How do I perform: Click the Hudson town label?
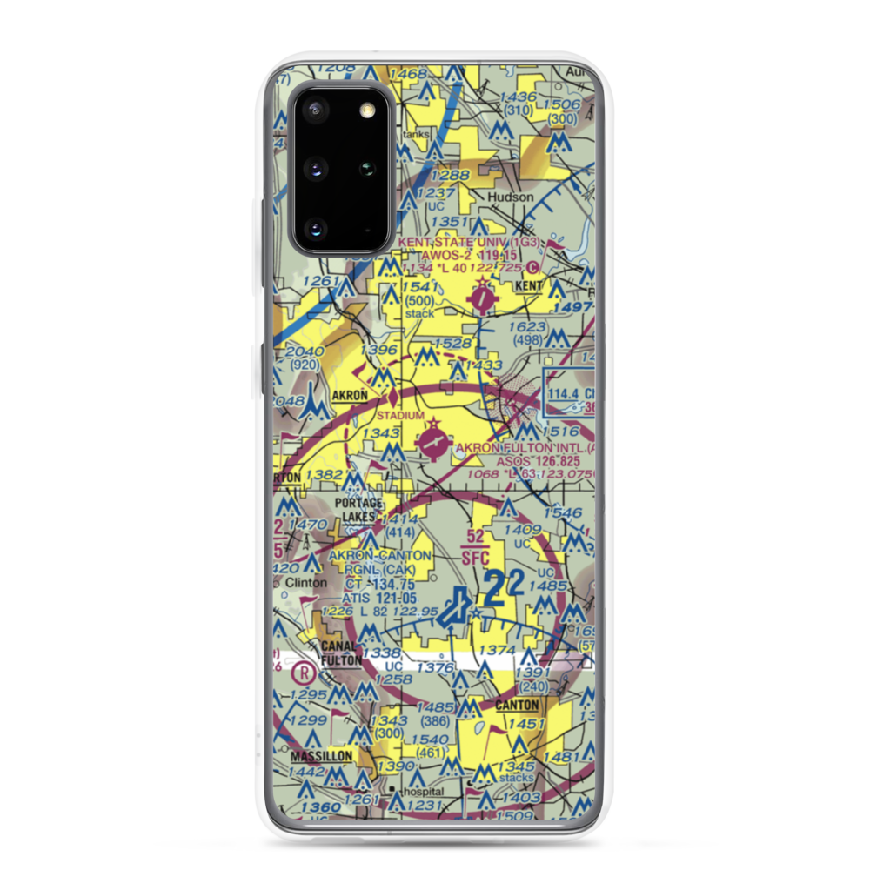pos(511,197)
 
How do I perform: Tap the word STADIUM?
pos(400,416)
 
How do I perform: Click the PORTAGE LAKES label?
pos(358,509)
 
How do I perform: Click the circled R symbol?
pos(303,672)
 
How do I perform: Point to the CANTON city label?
pos(517,704)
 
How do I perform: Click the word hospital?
pos(421,793)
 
